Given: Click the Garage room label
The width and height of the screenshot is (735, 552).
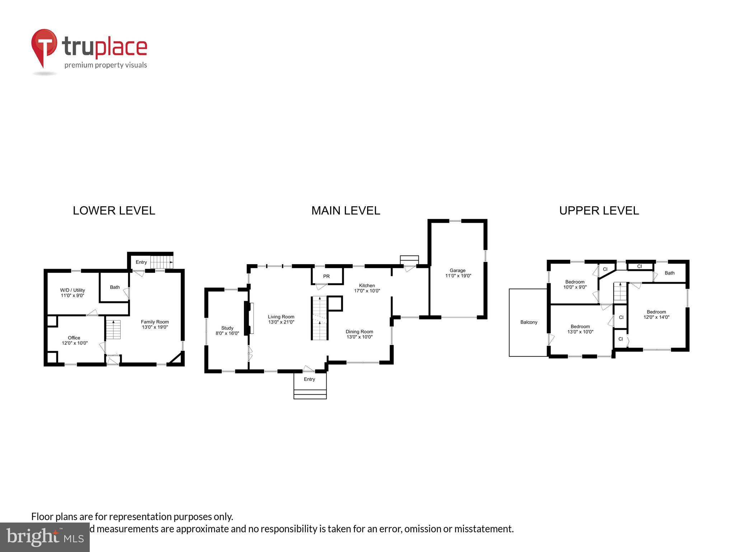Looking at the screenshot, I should click(458, 270).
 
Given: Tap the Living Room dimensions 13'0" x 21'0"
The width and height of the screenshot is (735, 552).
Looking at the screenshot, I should click(281, 322).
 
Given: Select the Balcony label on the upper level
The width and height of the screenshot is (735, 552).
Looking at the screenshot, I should click(529, 322).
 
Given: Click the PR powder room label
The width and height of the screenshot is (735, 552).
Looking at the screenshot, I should click(326, 276).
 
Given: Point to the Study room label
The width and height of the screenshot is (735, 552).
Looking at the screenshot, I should click(227, 328).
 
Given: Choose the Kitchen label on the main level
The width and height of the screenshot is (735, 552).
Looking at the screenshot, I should click(367, 285).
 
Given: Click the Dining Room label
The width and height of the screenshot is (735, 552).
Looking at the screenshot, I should click(359, 331).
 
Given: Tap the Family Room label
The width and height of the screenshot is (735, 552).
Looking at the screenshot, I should click(155, 322).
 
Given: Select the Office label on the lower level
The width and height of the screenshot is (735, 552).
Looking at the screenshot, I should click(74, 337).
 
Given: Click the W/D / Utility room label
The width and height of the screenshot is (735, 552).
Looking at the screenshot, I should click(72, 290).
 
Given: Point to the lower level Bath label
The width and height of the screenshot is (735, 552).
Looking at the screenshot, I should click(115, 287).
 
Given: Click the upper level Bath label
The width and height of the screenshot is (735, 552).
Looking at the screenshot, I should click(670, 273).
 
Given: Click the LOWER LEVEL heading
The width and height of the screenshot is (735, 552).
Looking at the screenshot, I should click(114, 211).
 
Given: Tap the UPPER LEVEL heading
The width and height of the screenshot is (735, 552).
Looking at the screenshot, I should click(599, 211).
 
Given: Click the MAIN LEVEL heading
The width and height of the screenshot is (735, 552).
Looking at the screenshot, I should click(346, 211).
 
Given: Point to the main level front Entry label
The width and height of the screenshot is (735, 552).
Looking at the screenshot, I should click(309, 379).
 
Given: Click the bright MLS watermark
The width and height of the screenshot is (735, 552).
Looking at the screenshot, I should click(45, 537).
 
